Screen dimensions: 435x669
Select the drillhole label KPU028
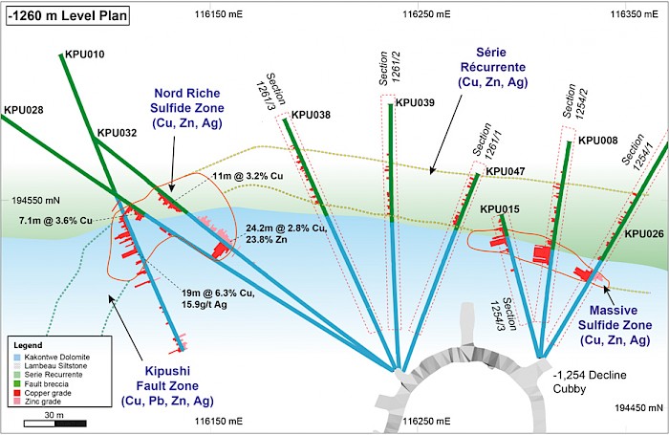24,110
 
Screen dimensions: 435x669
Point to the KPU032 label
118,134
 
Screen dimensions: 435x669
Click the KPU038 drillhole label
311,115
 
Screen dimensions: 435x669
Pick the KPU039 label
415,102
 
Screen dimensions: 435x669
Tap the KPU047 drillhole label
506,172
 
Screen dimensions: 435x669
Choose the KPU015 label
500,208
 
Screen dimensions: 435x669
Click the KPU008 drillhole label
598,140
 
